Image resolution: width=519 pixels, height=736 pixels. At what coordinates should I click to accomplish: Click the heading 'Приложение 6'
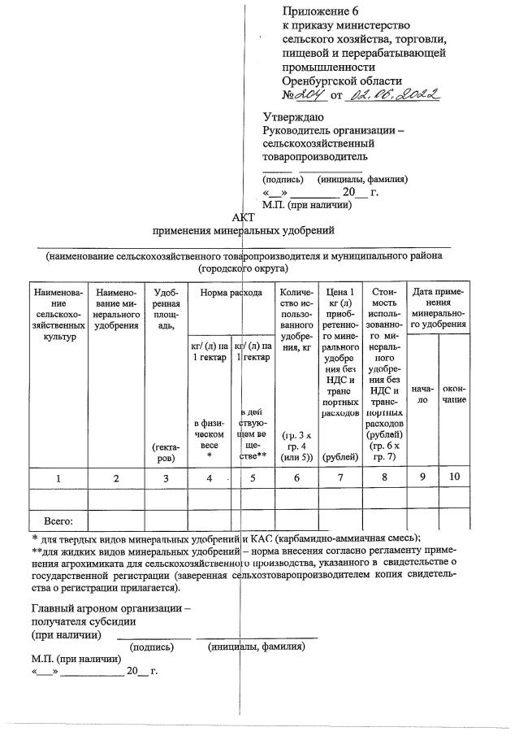[x=320, y=11]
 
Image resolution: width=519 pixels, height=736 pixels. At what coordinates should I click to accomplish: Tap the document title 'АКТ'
[x=243, y=217]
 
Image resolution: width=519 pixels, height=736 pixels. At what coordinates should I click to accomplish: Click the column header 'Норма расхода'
[x=231, y=292]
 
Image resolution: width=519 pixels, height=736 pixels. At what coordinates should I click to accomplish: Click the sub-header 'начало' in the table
[x=422, y=394]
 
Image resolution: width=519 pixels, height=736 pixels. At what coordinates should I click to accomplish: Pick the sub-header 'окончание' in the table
[x=454, y=394]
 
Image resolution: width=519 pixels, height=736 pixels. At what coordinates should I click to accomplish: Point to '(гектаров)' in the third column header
[x=166, y=452]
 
